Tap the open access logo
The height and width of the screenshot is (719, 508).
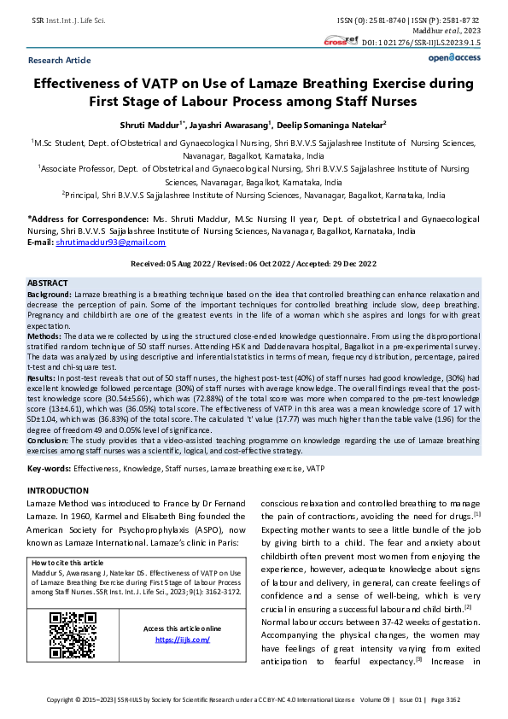(x=453, y=57)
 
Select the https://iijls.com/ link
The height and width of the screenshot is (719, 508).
(x=182, y=639)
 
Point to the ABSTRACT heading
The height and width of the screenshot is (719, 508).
(x=48, y=282)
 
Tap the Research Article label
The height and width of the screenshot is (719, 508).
(x=59, y=61)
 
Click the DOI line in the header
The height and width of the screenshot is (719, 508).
(x=422, y=41)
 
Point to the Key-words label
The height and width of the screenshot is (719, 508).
(x=49, y=470)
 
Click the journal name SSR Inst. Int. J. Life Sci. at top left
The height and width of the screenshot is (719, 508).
(x=67, y=19)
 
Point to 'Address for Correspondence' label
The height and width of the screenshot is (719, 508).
(x=81, y=219)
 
